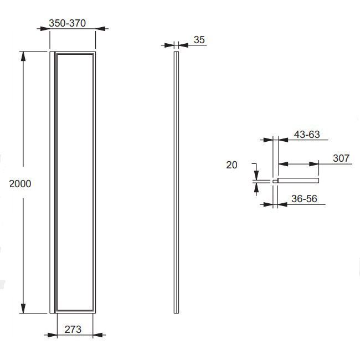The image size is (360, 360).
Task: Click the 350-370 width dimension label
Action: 67,23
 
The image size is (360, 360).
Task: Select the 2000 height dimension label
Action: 20,184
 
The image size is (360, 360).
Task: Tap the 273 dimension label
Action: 73,329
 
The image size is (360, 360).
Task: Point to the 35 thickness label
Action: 199,40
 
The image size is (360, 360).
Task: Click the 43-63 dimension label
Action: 307,135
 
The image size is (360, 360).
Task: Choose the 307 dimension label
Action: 341,158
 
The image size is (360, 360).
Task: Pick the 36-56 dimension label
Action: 304,199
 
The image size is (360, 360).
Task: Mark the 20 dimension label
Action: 232,165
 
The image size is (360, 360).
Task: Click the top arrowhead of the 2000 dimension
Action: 23,56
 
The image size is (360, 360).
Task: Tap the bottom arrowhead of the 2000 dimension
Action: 23,308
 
